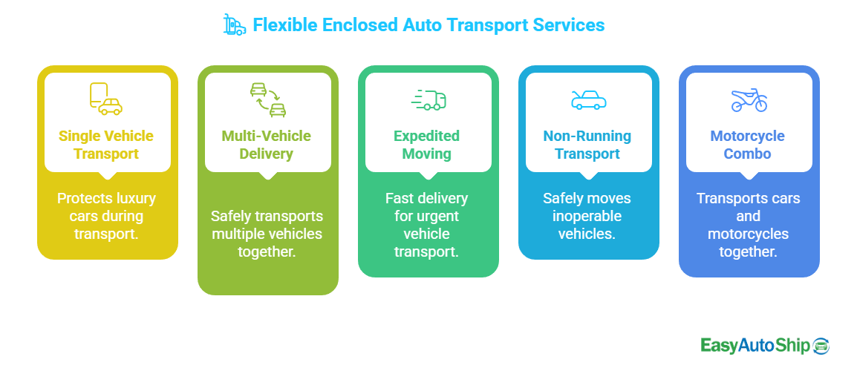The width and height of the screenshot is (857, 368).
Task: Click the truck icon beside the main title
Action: click(x=234, y=24)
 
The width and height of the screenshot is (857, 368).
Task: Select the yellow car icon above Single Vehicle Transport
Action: click(x=106, y=99)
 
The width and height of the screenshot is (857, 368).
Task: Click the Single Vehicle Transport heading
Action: click(x=106, y=145)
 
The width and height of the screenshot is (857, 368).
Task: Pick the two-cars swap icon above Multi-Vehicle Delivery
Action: click(x=267, y=101)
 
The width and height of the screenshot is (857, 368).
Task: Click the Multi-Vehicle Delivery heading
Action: click(x=267, y=145)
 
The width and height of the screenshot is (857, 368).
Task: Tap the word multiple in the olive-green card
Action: click(x=243, y=234)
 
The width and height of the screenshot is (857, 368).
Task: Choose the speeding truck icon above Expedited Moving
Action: click(x=428, y=100)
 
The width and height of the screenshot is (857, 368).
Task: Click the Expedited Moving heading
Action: click(x=427, y=145)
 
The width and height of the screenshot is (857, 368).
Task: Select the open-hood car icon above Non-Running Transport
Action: click(x=588, y=100)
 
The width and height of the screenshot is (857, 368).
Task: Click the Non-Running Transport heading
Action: click(x=587, y=145)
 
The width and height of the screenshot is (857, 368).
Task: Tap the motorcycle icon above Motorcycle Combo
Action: click(x=749, y=100)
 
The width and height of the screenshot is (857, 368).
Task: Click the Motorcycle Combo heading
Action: click(x=748, y=145)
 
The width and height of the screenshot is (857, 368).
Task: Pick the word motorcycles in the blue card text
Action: click(x=748, y=234)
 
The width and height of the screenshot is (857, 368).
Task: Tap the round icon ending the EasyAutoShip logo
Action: click(x=821, y=346)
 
